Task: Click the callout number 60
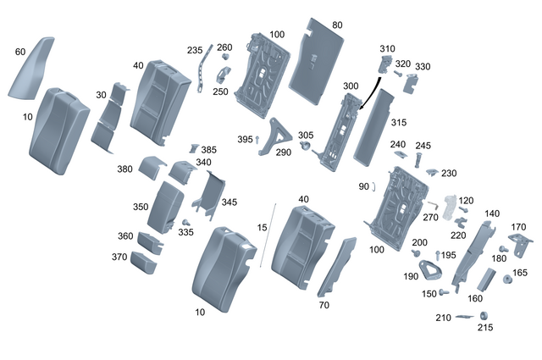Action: point(20,52)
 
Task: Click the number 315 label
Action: point(399,123)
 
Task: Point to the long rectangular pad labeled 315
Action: point(375,127)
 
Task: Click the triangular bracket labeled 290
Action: point(277,138)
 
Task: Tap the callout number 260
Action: point(224,47)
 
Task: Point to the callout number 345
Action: point(230,202)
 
